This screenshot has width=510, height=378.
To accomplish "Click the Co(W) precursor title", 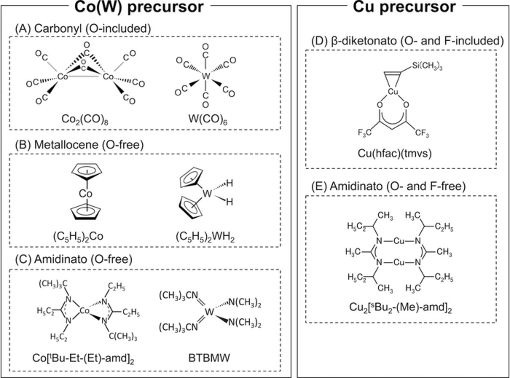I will coord(139,7).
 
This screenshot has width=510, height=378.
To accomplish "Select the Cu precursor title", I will coord(404,7).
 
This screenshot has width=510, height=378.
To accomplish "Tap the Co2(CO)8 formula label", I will coord(85,119).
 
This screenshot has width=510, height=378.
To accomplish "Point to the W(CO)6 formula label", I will coord(208,119).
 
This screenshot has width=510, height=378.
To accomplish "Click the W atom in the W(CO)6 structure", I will coord(206,76).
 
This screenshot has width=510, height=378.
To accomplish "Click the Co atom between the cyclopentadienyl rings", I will coord(86,194).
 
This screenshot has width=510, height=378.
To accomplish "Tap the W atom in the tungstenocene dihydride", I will coord(207,194).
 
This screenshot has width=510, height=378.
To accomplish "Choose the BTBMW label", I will coord(209,358).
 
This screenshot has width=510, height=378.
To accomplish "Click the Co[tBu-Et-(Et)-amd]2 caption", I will coord(83,358).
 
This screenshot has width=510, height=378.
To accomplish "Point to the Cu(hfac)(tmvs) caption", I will coord(395,153).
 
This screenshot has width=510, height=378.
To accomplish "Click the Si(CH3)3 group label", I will coord(427,66).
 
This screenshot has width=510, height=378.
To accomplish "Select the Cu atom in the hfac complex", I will coord(393,91).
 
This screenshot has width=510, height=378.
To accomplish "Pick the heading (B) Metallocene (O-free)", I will coord(79,145).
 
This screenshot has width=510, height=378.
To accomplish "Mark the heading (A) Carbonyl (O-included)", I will coord(83,29).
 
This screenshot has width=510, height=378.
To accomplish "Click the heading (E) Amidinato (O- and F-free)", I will coord(388,186).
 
